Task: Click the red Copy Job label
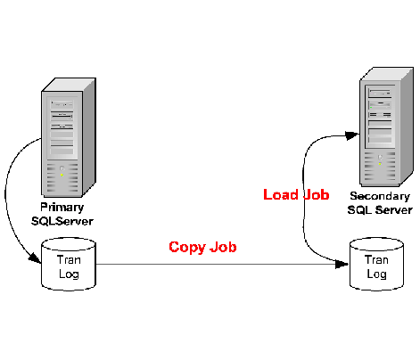pyautogui.click(x=202, y=247)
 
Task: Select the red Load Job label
pyautogui.click(x=296, y=195)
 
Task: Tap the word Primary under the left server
pyautogui.click(x=62, y=208)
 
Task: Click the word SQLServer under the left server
pyautogui.click(x=62, y=221)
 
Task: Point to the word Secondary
pyautogui.click(x=380, y=196)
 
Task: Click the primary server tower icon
pyautogui.click(x=69, y=137)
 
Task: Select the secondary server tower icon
pyautogui.click(x=386, y=127)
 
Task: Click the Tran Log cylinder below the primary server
pyautogui.click(x=69, y=264)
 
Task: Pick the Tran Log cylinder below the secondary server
pyautogui.click(x=376, y=264)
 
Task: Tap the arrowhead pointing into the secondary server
pyautogui.click(x=352, y=135)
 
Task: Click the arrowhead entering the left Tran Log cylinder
pyautogui.click(x=35, y=258)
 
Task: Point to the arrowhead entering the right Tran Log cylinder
pyautogui.click(x=342, y=264)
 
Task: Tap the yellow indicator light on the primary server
pyautogui.click(x=62, y=176)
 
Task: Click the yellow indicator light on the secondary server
pyautogui.click(x=380, y=164)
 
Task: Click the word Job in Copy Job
pyautogui.click(x=223, y=247)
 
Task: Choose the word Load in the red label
pyautogui.click(x=281, y=195)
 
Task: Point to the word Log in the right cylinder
pyautogui.click(x=376, y=274)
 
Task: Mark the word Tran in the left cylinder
pyautogui.click(x=69, y=260)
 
